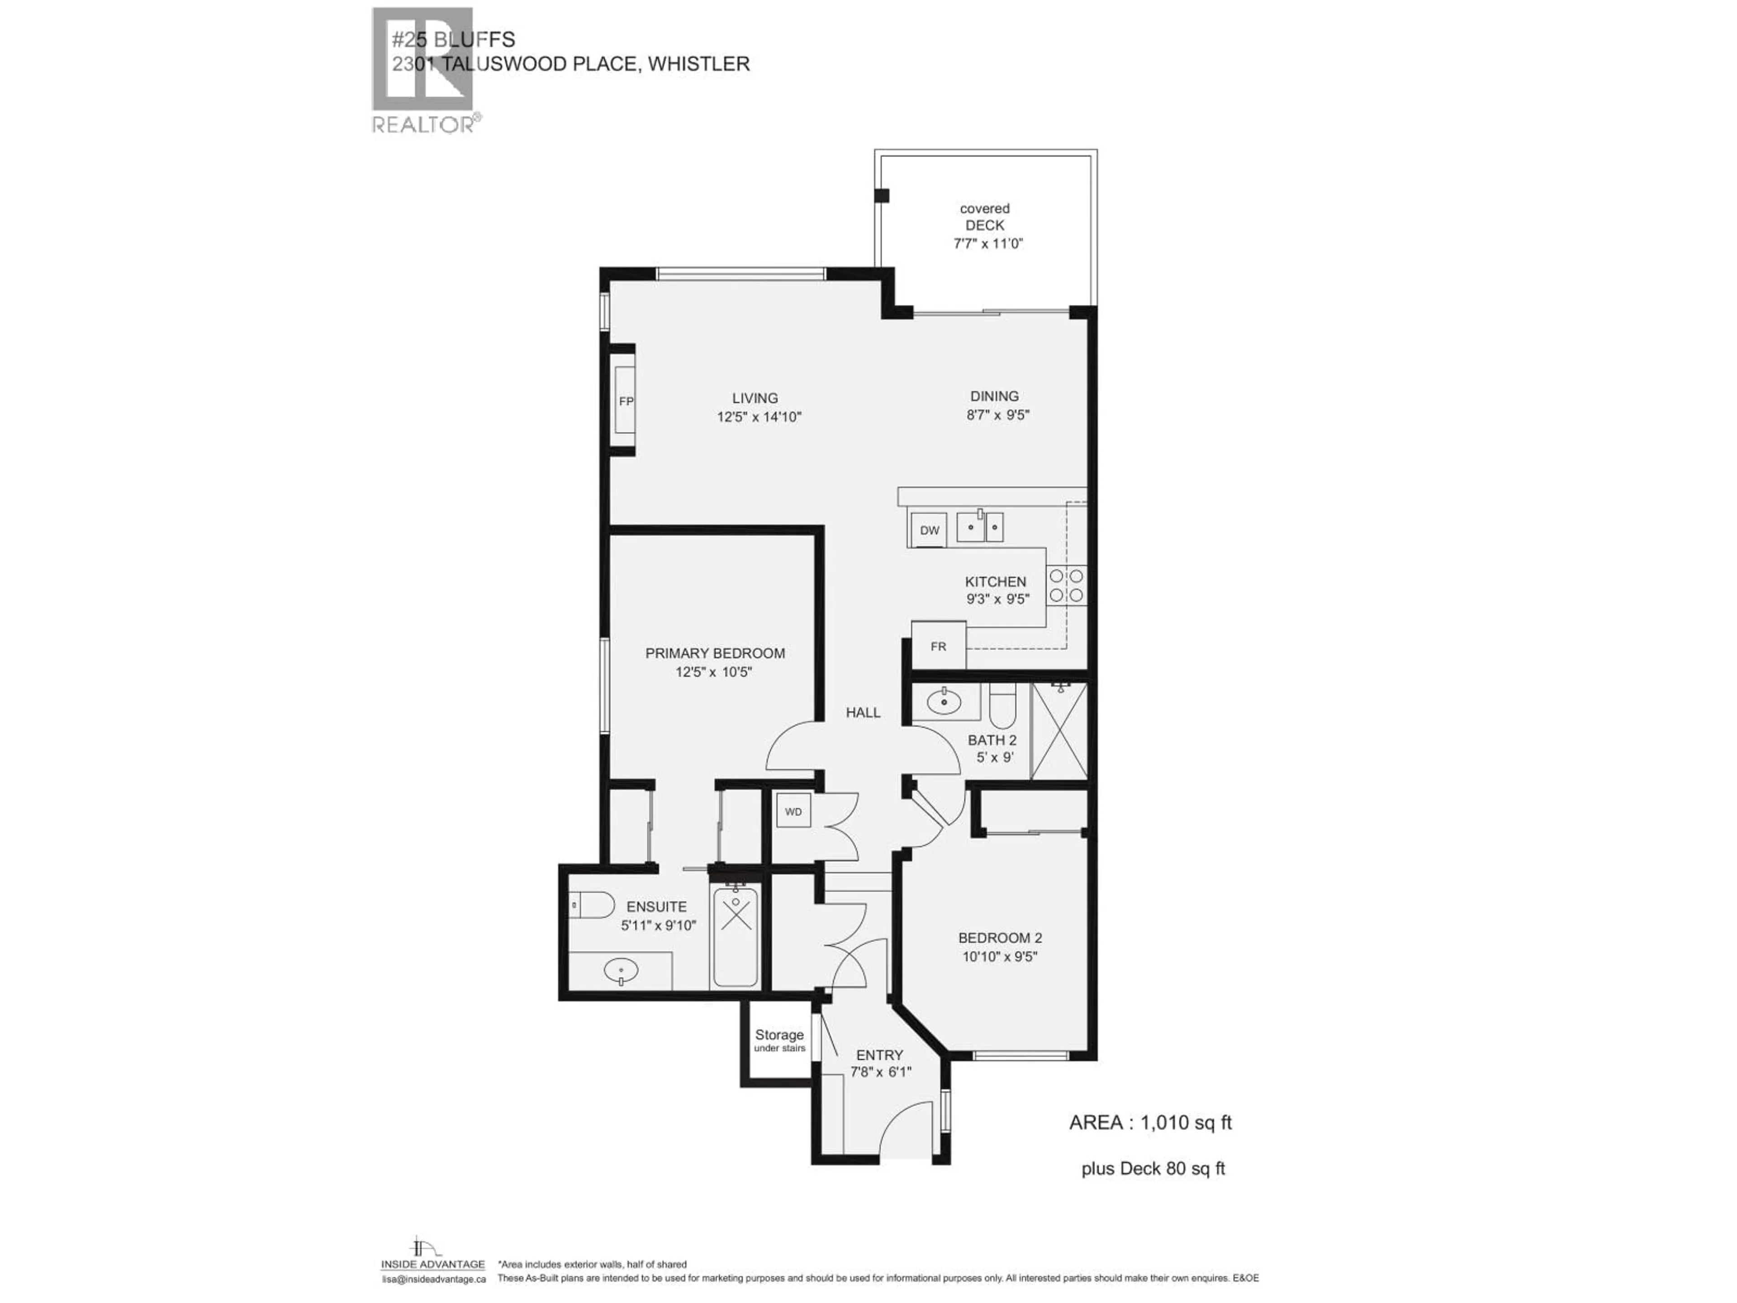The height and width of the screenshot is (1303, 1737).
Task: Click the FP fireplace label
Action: (626, 401)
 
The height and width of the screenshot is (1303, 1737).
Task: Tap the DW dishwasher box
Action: (929, 530)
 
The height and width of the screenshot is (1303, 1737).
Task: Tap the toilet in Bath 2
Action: (1002, 706)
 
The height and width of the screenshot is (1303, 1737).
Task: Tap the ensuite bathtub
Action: (735, 937)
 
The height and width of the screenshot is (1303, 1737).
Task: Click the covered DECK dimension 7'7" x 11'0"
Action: (988, 243)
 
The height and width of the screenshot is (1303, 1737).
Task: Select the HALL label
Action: (863, 713)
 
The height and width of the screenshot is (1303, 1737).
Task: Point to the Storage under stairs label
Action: (779, 1040)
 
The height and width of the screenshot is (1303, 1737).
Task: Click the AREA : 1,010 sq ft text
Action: (1149, 1123)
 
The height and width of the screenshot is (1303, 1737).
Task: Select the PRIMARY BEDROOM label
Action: (715, 653)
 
